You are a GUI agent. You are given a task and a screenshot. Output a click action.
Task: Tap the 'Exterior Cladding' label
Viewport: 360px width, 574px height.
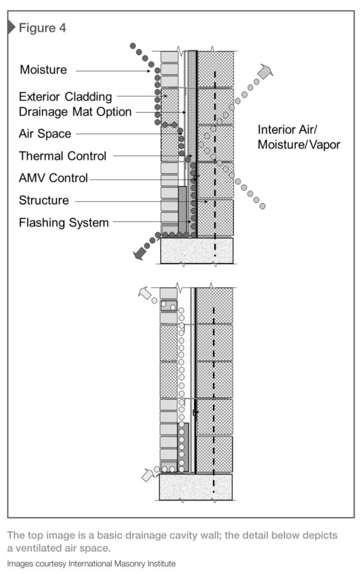coord(65,96)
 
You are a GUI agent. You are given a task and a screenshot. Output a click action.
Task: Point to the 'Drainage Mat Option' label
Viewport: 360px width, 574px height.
coord(75,111)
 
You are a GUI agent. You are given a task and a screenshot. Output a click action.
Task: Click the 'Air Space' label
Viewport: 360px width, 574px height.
coord(44,134)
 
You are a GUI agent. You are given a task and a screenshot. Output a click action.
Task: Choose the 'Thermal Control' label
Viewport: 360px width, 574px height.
coord(62,156)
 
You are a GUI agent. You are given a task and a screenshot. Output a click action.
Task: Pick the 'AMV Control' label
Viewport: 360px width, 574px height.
coord(53,178)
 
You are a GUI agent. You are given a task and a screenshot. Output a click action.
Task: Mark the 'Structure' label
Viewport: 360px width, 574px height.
coord(44,200)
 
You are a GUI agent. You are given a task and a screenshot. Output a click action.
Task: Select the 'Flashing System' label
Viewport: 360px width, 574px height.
coord(63,222)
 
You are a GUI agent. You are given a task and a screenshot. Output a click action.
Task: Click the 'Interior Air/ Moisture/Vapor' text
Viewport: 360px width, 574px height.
coord(298,137)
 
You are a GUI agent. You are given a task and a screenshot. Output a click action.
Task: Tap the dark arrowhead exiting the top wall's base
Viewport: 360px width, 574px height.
coord(141,254)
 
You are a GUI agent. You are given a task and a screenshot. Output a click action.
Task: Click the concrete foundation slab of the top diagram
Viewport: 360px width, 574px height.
coord(196,250)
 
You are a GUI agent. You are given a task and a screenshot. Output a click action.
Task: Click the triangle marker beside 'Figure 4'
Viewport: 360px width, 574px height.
coord(11,27)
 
